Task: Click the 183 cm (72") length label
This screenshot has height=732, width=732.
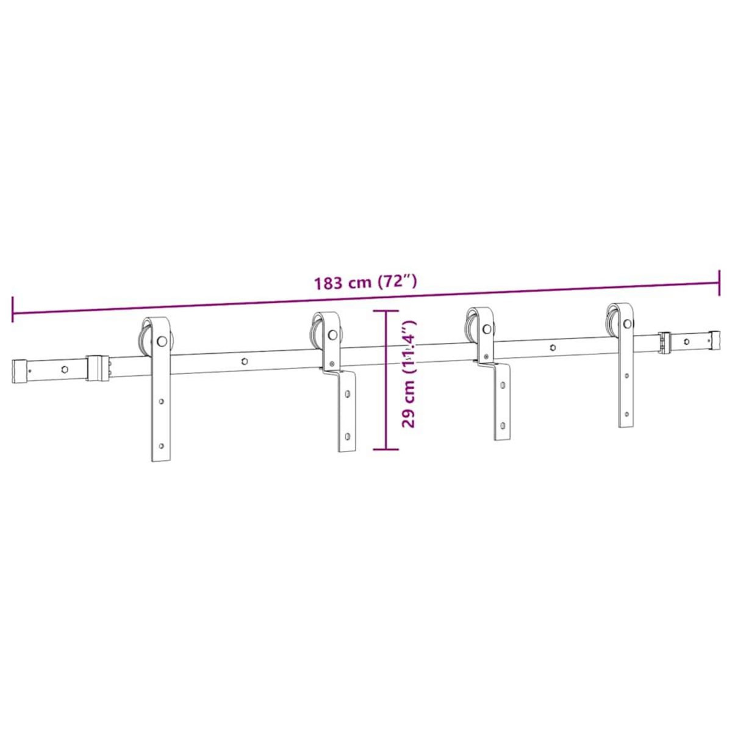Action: pos(365,282)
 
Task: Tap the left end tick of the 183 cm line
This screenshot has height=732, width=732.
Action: pos(13,309)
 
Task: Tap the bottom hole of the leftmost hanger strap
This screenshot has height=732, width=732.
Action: pos(161,445)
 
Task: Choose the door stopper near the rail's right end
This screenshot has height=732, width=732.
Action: pos(664,342)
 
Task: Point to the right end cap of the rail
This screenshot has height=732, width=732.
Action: pos(712,339)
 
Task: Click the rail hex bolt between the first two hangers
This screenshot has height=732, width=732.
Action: pos(244,361)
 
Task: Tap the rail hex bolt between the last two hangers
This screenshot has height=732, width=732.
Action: pos(552,347)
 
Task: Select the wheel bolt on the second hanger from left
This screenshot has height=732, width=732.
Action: pos(332,335)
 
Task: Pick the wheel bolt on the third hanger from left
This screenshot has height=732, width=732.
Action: pos(486,329)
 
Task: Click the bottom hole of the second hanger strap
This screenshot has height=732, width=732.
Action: pos(347,437)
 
